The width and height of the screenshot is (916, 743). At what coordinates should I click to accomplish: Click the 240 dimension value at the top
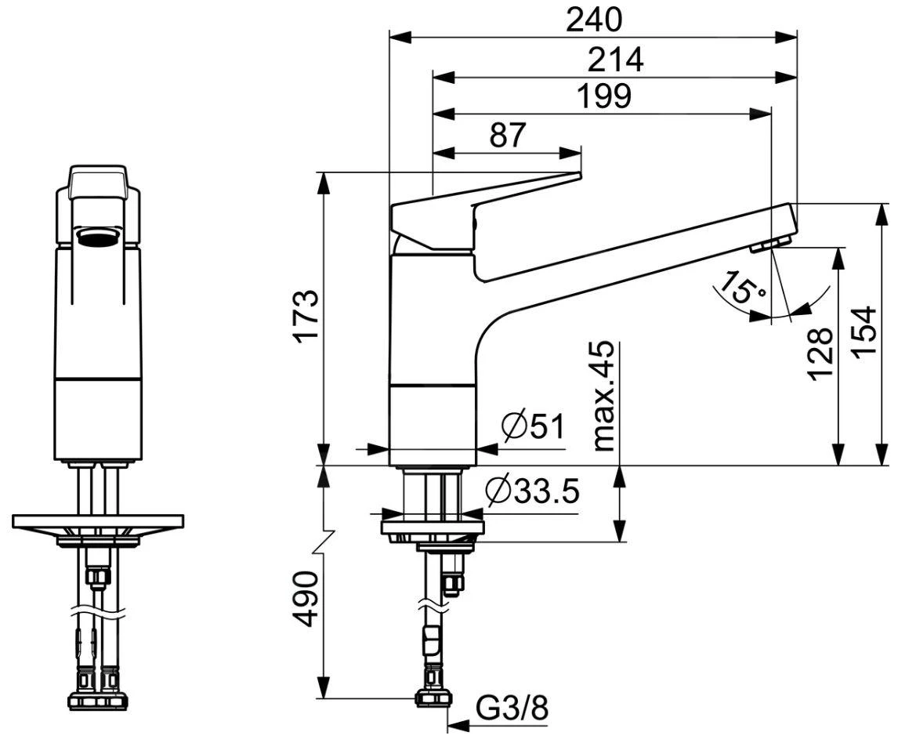(593, 20)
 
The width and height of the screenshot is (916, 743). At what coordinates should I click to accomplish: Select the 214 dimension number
(615, 60)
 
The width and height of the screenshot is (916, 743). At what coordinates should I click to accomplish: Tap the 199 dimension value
(603, 96)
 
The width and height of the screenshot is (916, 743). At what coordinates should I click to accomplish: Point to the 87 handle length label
(507, 136)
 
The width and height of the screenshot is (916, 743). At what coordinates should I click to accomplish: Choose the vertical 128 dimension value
(820, 353)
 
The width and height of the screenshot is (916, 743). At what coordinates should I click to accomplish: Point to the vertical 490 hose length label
(306, 599)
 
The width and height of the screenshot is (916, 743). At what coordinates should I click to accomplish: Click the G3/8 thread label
(512, 709)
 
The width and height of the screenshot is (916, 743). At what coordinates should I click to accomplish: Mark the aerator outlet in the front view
(98, 237)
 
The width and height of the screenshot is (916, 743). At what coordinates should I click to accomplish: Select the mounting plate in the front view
(98, 521)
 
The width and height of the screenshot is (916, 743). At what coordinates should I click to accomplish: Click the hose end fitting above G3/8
(435, 696)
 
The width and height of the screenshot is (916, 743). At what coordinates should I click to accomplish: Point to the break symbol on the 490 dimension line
(324, 543)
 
